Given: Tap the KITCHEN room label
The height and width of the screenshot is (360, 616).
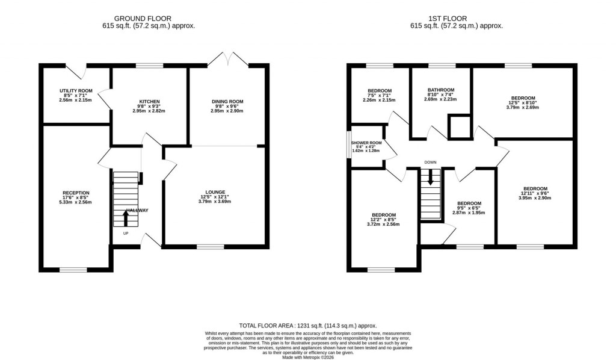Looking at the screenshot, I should point(149,101).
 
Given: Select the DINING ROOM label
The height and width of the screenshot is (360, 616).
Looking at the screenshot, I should point(228,101).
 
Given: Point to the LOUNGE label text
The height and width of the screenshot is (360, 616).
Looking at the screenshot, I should point(215,191).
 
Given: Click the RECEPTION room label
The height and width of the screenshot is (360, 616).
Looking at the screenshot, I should point(76,193).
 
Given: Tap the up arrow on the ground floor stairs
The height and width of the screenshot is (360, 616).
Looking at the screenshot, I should point(126,217).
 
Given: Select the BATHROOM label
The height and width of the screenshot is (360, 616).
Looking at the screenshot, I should point(440,90).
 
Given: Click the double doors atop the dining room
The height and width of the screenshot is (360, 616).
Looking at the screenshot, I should point(228,58).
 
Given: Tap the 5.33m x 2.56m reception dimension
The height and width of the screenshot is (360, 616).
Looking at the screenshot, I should point(76,202).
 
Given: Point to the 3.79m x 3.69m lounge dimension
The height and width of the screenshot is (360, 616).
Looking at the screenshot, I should point(215,201).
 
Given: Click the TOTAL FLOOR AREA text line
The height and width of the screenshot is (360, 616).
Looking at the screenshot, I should point(307,324).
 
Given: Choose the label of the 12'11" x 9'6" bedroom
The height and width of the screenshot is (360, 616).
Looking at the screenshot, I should point(534,188).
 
